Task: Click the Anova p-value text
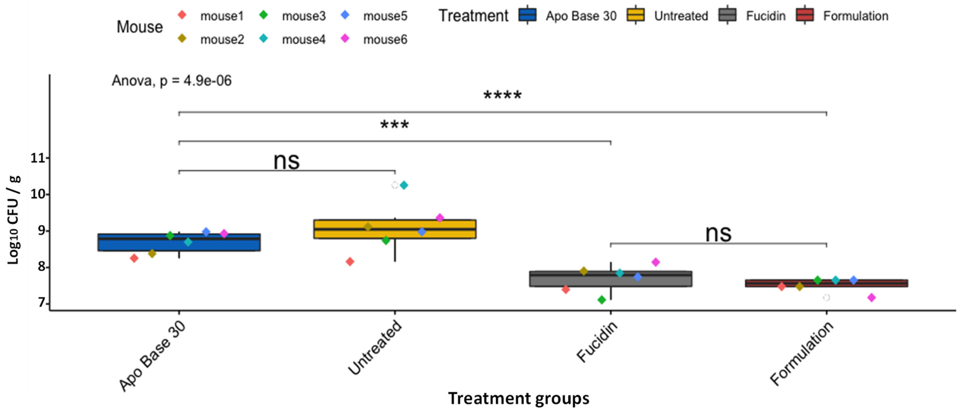click(x=172, y=80)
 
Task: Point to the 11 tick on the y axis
click(x=37, y=158)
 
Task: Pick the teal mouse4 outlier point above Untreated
click(x=404, y=185)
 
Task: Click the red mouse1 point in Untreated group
click(x=350, y=262)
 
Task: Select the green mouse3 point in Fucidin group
click(x=601, y=300)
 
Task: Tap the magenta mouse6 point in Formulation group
click(x=871, y=297)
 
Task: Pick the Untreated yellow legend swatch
click(x=636, y=15)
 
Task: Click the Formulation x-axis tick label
click(x=802, y=354)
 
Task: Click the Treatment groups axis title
click(x=519, y=398)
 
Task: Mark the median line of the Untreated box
click(x=395, y=228)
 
